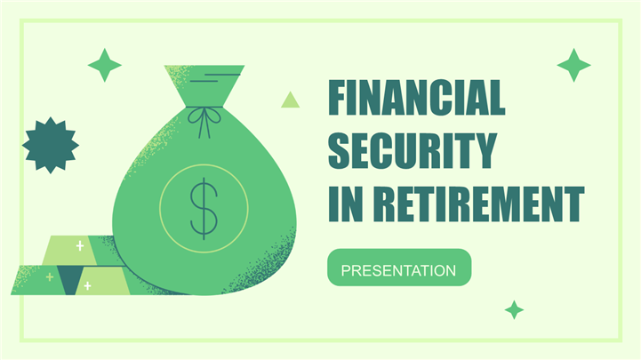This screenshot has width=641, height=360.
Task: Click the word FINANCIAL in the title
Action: pyautogui.click(x=417, y=98)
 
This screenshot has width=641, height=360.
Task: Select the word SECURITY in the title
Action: pyautogui.click(x=413, y=150)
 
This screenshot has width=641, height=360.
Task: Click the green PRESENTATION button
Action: pyautogui.click(x=399, y=268)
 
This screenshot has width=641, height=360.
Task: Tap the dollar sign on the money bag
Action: pyautogui.click(x=204, y=208)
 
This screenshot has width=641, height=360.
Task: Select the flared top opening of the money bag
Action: pyautogui.click(x=204, y=86)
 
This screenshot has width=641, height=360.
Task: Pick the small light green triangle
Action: pyautogui.click(x=290, y=101)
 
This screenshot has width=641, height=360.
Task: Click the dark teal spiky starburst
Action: pyautogui.click(x=51, y=145)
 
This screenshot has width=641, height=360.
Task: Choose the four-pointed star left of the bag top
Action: pyautogui.click(x=105, y=65)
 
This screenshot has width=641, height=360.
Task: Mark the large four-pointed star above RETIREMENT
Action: pyautogui.click(x=574, y=65)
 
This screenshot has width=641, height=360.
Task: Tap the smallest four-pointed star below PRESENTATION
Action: pyautogui.click(x=514, y=309)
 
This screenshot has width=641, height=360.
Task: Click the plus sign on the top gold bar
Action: pyautogui.click(x=80, y=245)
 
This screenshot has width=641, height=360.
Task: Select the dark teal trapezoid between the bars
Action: pyautogui.click(x=70, y=280)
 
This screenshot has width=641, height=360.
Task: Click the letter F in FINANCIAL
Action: pyautogui.click(x=339, y=98)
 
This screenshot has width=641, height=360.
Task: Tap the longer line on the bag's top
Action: pyautogui.click(x=222, y=75)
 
